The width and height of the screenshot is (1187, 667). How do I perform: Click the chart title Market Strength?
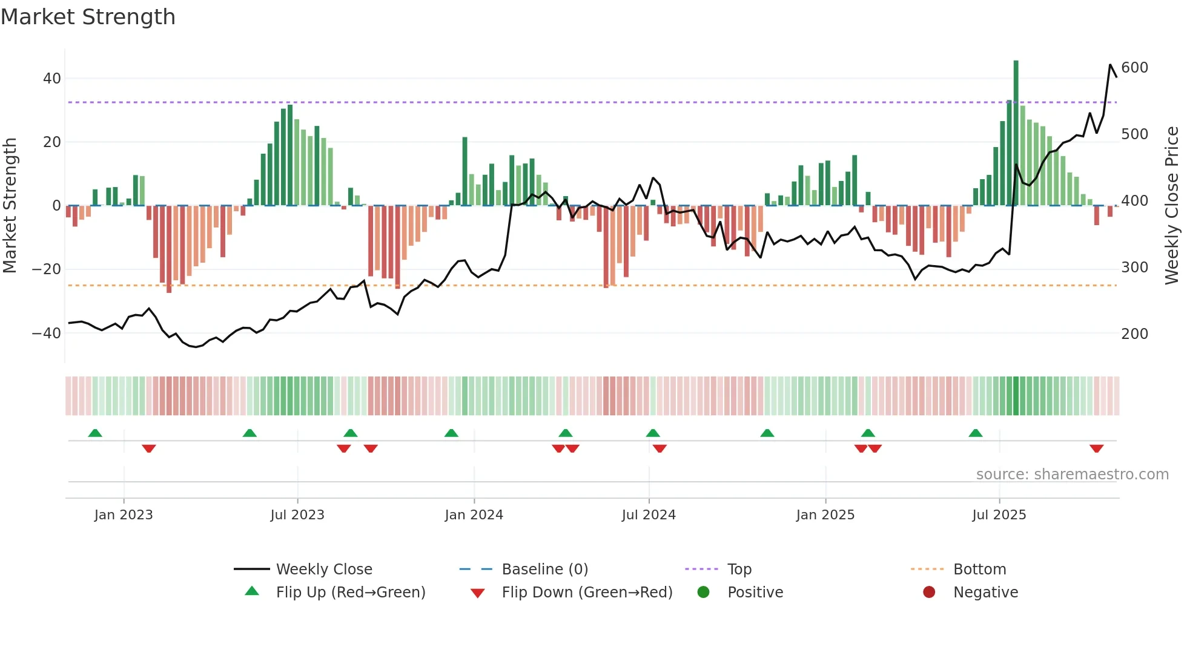tap(88, 17)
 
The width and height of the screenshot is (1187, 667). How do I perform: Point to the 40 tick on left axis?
tap(51, 79)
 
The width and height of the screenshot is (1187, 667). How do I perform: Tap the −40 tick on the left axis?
tap(47, 333)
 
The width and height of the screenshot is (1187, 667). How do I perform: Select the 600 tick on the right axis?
tap(1134, 68)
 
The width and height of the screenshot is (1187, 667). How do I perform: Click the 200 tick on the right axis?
tap(1134, 334)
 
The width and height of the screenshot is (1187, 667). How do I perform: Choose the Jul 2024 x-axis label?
tap(648, 515)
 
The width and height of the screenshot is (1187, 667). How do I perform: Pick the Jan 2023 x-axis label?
tap(124, 515)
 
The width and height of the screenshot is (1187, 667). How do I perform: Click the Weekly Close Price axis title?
tap(1171, 206)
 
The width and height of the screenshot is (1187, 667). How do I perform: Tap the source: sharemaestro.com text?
tap(1072, 475)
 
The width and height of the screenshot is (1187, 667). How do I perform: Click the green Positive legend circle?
tap(703, 592)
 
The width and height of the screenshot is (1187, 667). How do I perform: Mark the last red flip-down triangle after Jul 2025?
tap(1096, 448)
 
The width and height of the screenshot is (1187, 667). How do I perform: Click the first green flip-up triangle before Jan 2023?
tap(95, 433)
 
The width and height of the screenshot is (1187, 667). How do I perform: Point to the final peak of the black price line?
tap(1110, 65)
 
